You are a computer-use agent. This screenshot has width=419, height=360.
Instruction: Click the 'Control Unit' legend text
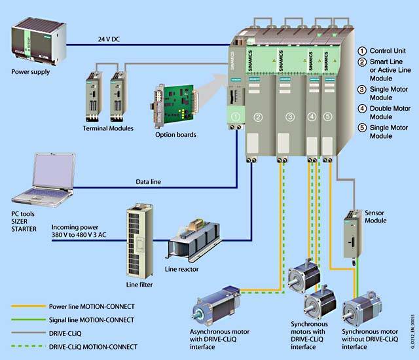coord(392,50)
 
